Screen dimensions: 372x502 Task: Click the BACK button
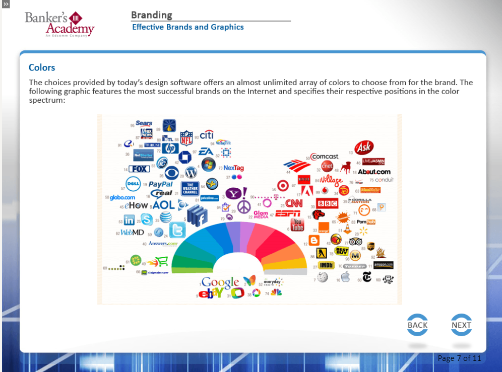point(417,325)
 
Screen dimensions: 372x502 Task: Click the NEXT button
point(461,325)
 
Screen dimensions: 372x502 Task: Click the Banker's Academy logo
point(59,24)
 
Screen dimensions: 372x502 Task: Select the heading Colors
point(42,67)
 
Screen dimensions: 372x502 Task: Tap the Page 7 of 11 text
point(459,358)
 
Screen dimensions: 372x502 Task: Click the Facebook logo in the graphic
point(198,216)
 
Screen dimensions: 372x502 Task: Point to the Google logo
point(220,282)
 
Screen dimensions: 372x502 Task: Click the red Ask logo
point(363,147)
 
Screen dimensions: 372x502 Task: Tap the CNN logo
point(294,203)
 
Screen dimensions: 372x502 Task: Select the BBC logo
point(327,204)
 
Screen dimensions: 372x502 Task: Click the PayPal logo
point(161,184)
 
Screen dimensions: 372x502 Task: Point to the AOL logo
point(163,205)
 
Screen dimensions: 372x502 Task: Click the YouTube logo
point(297,225)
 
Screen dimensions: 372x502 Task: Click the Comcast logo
point(326,157)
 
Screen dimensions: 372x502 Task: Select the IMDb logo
point(327,265)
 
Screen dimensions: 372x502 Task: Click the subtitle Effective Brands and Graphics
point(187,27)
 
